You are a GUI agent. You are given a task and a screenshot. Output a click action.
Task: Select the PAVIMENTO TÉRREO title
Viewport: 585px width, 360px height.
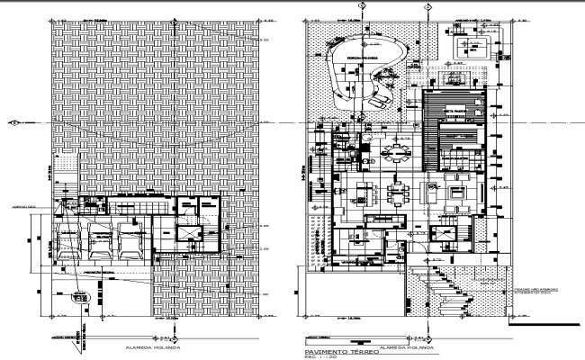click(x=339, y=352)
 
